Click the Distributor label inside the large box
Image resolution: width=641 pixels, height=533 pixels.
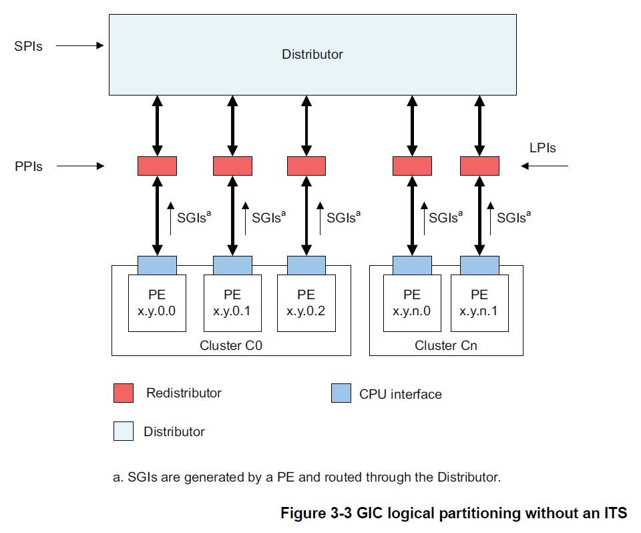point(312,54)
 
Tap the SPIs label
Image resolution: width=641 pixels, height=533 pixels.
point(28,47)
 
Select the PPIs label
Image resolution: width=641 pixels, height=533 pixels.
point(29,166)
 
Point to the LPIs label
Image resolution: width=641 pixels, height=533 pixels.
point(542,148)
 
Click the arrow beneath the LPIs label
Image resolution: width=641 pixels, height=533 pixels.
point(544,166)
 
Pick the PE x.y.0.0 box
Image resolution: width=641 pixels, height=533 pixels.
point(157,303)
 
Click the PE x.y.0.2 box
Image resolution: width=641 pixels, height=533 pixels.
point(306,303)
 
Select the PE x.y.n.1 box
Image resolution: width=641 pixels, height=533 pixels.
point(479,303)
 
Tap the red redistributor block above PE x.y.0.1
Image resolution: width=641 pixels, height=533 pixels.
point(232,166)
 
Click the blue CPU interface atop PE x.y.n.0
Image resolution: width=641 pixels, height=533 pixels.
point(412,264)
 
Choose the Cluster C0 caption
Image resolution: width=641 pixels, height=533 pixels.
point(230,345)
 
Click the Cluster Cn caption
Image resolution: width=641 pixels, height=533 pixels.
point(446,345)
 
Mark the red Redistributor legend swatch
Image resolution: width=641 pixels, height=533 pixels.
point(124,393)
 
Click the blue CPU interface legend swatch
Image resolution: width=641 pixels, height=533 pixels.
point(341,393)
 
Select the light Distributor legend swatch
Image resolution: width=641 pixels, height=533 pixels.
point(124,431)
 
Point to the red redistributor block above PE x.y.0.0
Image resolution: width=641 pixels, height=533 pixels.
point(157,166)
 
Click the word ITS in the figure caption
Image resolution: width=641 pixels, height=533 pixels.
point(614,513)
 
